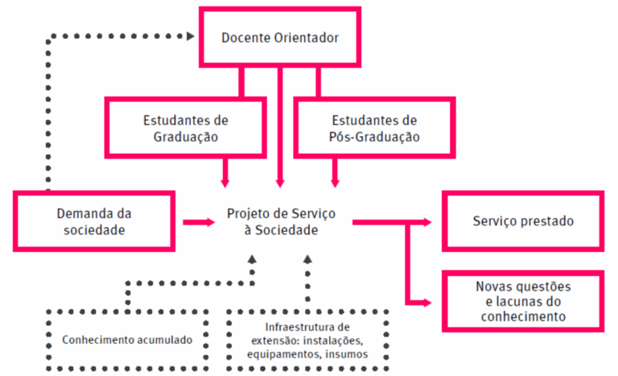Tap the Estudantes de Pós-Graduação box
click(375, 128)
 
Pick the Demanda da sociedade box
click(94, 221)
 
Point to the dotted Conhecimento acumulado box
click(127, 339)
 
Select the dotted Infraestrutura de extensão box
click(307, 339)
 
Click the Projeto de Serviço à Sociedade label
click(281, 221)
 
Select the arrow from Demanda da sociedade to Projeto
click(194, 221)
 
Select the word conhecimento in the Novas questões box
click(523, 316)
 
